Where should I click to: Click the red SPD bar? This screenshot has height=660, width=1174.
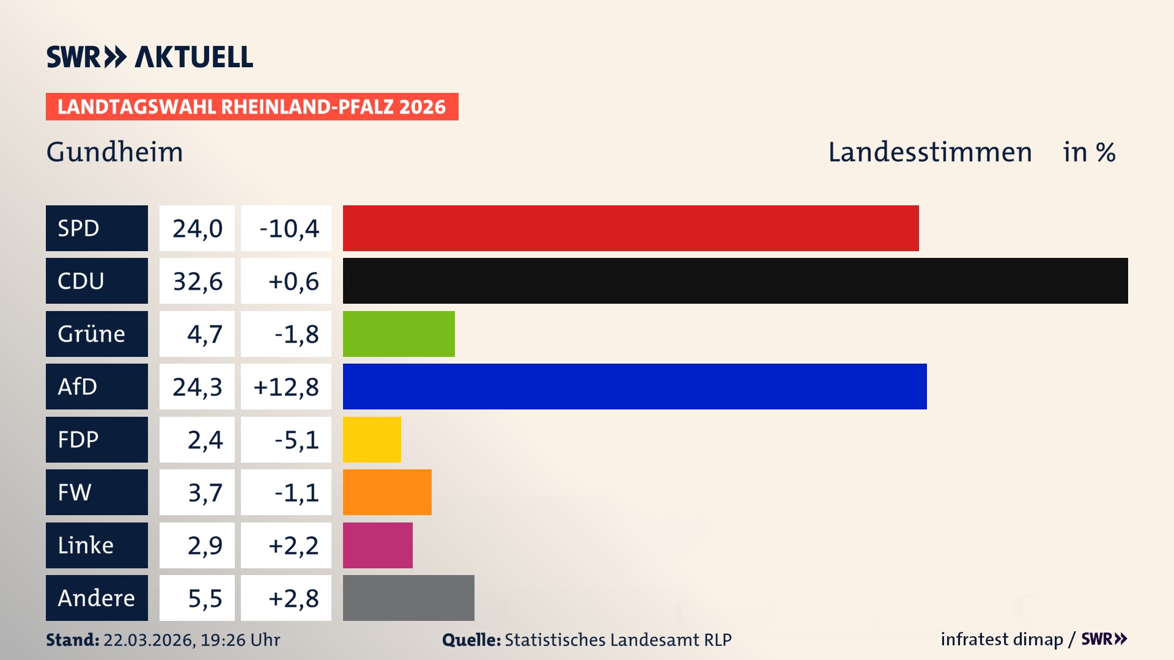tap(630, 228)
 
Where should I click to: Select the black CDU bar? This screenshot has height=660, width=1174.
tap(735, 280)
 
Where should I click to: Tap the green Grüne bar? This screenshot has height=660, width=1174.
tap(399, 334)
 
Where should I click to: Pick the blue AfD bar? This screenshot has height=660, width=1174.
tap(635, 386)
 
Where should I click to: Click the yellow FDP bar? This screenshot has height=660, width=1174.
tap(372, 439)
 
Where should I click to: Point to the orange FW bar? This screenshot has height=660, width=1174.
tap(387, 492)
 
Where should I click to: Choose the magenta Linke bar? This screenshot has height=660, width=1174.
tap(377, 545)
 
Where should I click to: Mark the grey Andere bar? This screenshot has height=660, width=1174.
tap(408, 598)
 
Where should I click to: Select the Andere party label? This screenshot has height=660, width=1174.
tap(97, 598)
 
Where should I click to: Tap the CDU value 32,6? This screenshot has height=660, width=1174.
tap(197, 281)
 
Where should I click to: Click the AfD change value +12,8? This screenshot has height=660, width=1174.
tap(286, 387)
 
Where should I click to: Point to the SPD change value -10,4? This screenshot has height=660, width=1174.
tap(289, 229)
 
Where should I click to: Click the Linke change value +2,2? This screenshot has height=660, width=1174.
tap(293, 546)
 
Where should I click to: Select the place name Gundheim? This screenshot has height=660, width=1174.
tap(114, 152)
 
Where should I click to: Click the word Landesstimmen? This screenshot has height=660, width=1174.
tap(929, 152)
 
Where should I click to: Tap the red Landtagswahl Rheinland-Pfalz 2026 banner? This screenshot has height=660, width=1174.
tap(252, 106)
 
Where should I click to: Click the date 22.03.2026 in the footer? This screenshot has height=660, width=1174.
tap(149, 640)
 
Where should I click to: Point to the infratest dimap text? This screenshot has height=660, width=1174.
tap(1001, 639)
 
